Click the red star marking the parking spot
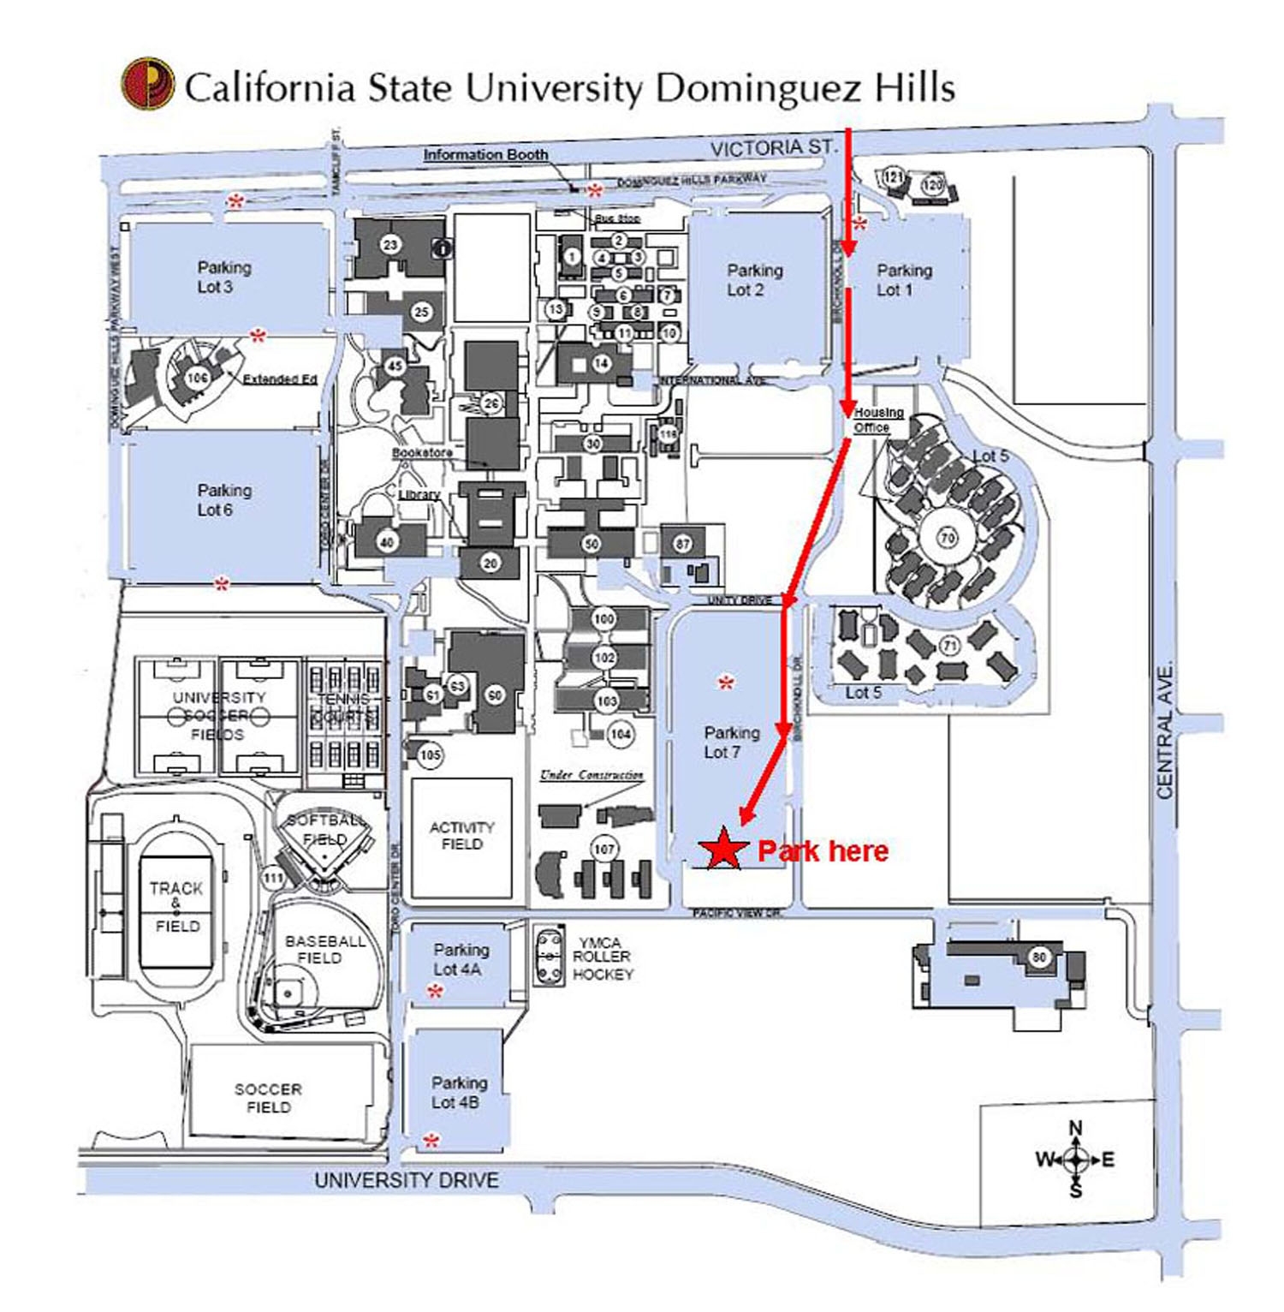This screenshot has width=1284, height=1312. [x=723, y=849]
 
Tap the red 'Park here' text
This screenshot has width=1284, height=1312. [x=823, y=850]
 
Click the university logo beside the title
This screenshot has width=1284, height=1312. [x=147, y=84]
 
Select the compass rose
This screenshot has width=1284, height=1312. [x=1076, y=1160]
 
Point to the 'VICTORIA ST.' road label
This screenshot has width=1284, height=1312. [x=772, y=147]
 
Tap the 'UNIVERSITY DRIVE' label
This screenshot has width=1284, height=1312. [x=406, y=1180]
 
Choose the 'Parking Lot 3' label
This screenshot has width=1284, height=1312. [x=224, y=277]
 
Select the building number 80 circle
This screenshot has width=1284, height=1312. [x=1039, y=957]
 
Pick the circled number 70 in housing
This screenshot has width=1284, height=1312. [x=948, y=538]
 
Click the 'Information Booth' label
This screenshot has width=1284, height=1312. [x=485, y=154]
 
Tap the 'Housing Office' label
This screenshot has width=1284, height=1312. [x=877, y=420]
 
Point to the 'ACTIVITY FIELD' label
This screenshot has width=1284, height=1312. [x=461, y=835]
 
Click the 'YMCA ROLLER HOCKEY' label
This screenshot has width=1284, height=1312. [x=602, y=958]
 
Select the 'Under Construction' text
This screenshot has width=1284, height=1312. [x=591, y=775]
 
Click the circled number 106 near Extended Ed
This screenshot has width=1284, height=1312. [x=197, y=377]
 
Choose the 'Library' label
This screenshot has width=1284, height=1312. [x=419, y=494]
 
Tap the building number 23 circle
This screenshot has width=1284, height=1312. [x=390, y=245]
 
